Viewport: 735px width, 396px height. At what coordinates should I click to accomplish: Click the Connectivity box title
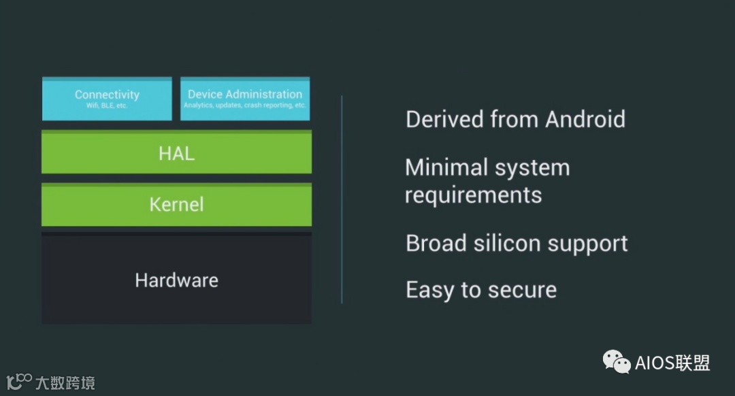click(107, 95)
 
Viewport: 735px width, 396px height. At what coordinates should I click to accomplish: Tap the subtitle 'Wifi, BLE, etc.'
click(107, 105)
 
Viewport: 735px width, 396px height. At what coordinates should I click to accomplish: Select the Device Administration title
click(245, 94)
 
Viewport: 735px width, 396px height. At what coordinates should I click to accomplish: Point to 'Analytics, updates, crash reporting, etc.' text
click(245, 105)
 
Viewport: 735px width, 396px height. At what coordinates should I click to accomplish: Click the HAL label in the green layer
click(176, 153)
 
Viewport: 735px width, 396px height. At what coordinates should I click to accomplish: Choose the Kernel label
click(176, 204)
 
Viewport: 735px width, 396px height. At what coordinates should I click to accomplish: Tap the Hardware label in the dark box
click(176, 280)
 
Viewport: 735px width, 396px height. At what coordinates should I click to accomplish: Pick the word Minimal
click(446, 167)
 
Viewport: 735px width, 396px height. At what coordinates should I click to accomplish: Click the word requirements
click(474, 195)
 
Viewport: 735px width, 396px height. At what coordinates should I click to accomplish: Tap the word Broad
click(436, 243)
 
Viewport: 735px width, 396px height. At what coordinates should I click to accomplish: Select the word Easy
click(430, 290)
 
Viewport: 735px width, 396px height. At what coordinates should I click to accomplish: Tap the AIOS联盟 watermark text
click(672, 363)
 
